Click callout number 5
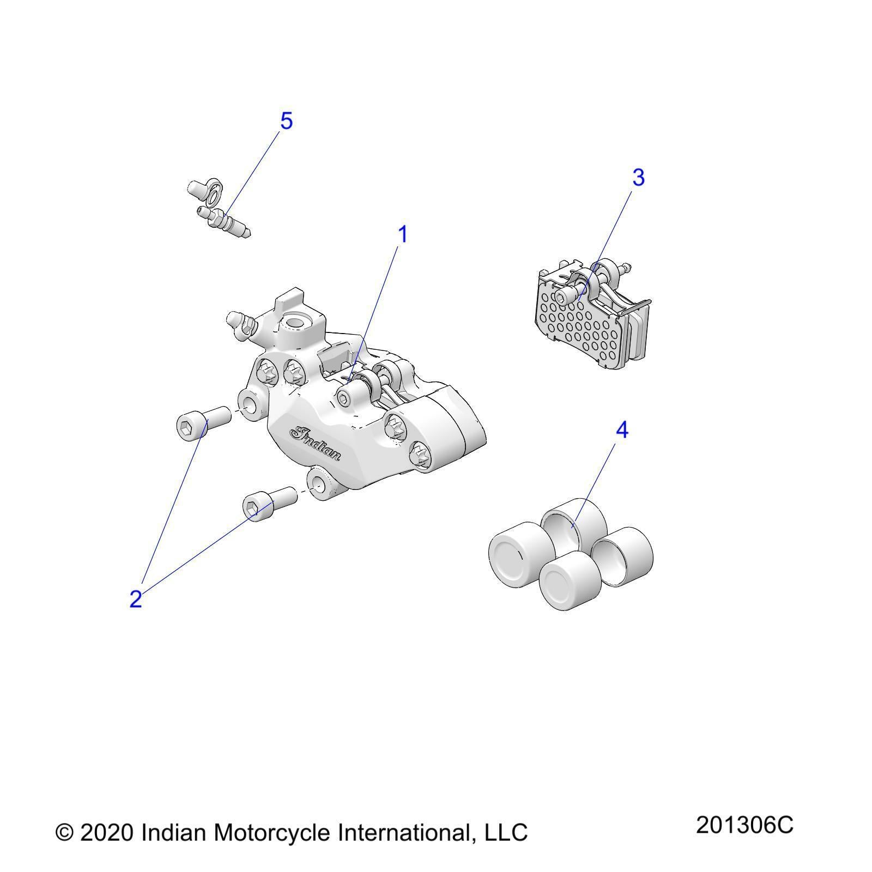click(286, 121)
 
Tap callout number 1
click(403, 235)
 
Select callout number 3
click(638, 178)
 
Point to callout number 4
click(622, 431)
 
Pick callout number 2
click(136, 599)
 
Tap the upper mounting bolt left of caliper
click(203, 420)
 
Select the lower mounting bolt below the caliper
click(269, 504)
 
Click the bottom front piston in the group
click(571, 580)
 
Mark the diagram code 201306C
click(744, 826)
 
